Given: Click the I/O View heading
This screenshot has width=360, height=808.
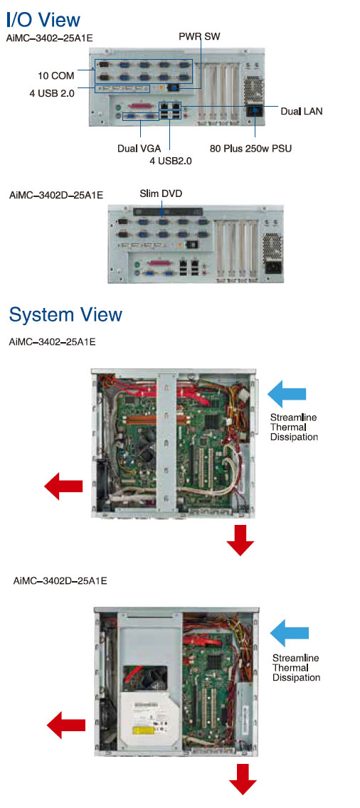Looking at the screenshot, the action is tap(43, 20).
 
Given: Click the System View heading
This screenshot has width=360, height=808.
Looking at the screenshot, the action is tap(65, 314).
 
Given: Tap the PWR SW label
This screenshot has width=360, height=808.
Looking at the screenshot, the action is tap(200, 37).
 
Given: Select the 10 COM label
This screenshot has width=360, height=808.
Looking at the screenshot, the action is tap(55, 75).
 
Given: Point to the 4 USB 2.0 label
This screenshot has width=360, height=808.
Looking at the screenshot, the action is tap(51, 93).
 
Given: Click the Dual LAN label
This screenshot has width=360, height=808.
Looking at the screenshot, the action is tap(302, 111).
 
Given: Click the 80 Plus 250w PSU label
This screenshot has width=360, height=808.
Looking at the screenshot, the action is tap(250, 149).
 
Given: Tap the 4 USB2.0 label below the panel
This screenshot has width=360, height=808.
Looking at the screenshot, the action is tap(170, 161).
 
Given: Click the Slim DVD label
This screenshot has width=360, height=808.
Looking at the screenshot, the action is tap(161, 193).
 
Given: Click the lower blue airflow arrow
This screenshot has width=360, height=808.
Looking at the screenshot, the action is tap(290, 633).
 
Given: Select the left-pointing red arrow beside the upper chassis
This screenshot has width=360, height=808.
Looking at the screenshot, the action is tap(63, 486).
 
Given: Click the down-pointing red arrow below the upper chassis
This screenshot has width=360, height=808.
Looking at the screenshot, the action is tap(240, 540).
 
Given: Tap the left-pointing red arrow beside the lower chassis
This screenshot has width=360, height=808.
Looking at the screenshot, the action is tap(66, 725).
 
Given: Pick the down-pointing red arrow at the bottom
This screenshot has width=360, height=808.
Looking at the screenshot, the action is tap(243, 779).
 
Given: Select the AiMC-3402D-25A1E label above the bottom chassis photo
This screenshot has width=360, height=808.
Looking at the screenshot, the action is tap(60, 580).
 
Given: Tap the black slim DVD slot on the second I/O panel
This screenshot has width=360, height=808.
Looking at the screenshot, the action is tap(166, 212).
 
